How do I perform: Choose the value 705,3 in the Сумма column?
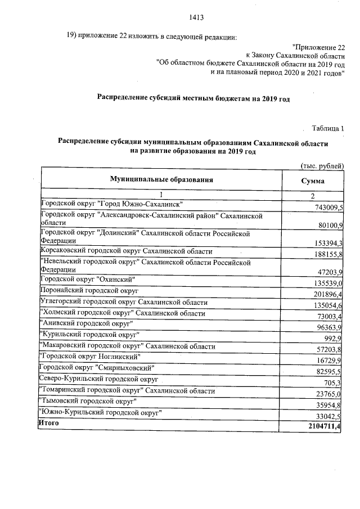tap(334, 383)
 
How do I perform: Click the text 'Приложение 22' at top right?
tap(319, 48)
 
